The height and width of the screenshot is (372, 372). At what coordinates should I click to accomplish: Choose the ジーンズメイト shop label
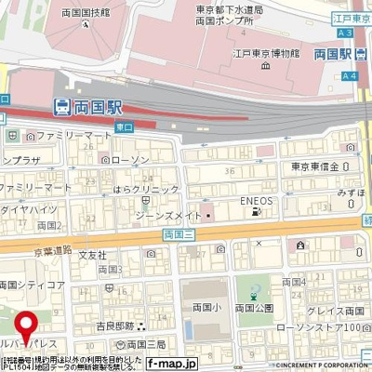tap(170, 217)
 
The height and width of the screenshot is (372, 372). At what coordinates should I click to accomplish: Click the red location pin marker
tap(28, 325)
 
